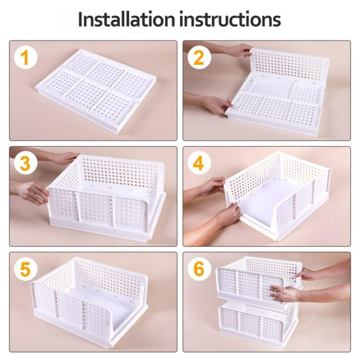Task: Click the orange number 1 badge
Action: pyautogui.click(x=25, y=58)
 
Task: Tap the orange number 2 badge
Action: pyautogui.click(x=199, y=58)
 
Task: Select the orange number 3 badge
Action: pyautogui.click(x=25, y=164)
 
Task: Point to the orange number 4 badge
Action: pyautogui.click(x=199, y=164)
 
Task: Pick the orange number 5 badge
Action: pyautogui.click(x=25, y=270)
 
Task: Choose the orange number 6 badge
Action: pyautogui.click(x=199, y=270)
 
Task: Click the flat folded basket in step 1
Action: pyautogui.click(x=96, y=89)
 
